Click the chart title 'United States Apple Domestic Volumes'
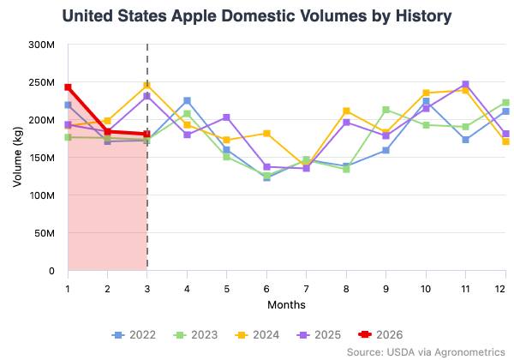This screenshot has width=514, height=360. (x=257, y=16)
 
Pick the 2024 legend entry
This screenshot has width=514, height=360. (x=253, y=334)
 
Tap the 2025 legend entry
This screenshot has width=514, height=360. (x=314, y=334)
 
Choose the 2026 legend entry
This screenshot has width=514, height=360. (x=375, y=334)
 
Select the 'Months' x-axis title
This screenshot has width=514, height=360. (x=286, y=304)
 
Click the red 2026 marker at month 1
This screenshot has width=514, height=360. (x=68, y=87)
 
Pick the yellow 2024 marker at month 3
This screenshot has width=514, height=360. (x=147, y=86)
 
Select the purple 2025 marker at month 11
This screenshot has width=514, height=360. (x=465, y=84)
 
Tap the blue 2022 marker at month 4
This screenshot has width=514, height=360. (x=187, y=101)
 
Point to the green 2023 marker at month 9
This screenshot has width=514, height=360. (x=386, y=110)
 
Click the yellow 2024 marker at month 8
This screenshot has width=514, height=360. (x=346, y=111)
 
